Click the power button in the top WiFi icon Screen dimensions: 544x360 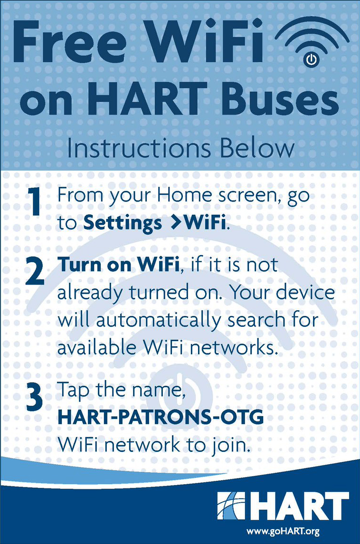pyautogui.click(x=310, y=59)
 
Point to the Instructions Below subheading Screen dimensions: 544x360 pyautogui.click(x=180, y=148)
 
